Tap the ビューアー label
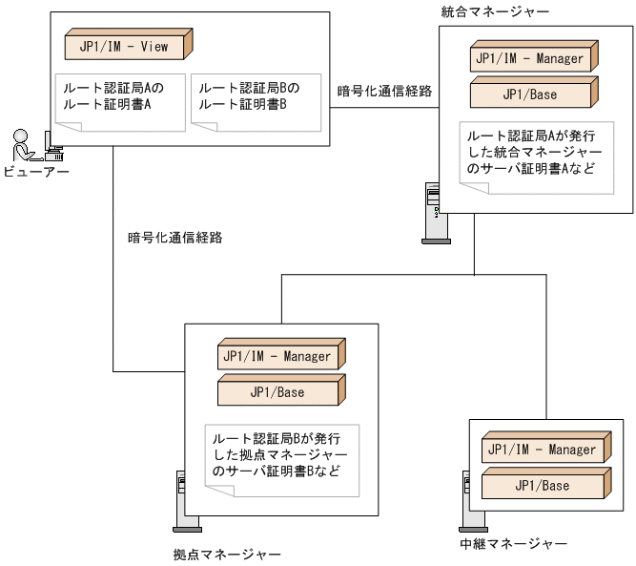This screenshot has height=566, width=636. [34, 172]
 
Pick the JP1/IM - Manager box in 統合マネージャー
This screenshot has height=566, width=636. [532, 58]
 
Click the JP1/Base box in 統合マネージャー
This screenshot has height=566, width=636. [532, 94]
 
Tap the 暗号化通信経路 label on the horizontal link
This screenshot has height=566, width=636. [384, 92]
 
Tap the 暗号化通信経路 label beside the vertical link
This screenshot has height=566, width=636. [174, 238]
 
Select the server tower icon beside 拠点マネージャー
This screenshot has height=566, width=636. [185, 500]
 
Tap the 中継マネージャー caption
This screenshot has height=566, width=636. [513, 544]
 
